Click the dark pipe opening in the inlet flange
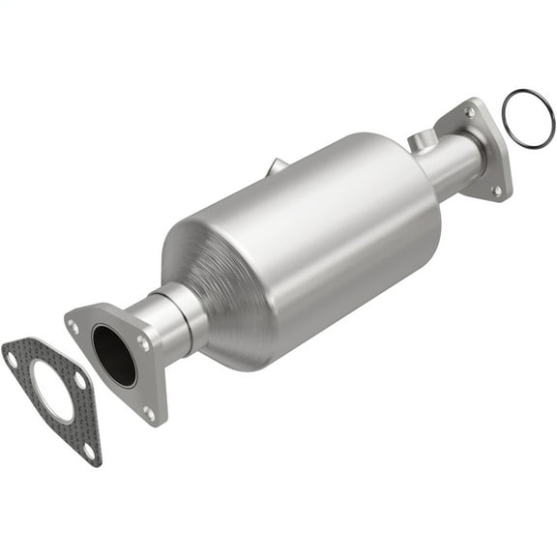point(114,354)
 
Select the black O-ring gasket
point(529,119)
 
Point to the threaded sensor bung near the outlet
point(419,142)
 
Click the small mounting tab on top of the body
point(277,166)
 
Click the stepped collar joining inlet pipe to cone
point(184,311)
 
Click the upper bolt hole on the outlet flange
point(469,112)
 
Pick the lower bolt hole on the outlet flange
point(497,191)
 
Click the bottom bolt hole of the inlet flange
point(149,413)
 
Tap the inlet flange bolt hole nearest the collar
point(144,341)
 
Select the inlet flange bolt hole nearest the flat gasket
point(74,327)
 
